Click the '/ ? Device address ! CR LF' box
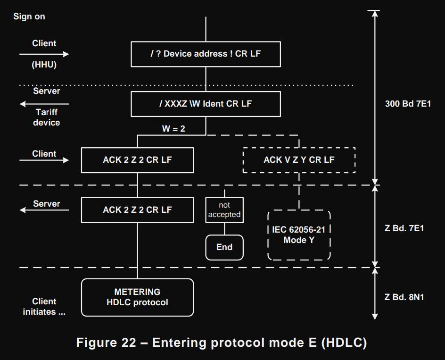(206, 54)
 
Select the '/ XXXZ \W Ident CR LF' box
(206, 104)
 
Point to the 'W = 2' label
(173, 128)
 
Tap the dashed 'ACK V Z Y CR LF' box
(299, 160)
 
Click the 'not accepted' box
(224, 210)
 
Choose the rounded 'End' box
(224, 247)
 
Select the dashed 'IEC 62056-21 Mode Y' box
(299, 235)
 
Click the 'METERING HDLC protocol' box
(137, 297)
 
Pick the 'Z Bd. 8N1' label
(404, 297)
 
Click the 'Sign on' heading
(29, 17)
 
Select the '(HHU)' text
(44, 65)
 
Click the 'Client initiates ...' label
(44, 307)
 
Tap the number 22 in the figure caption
(124, 343)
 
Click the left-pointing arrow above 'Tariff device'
(44, 104)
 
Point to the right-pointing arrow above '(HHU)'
(44, 54)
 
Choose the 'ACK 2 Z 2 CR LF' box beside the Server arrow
(137, 210)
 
